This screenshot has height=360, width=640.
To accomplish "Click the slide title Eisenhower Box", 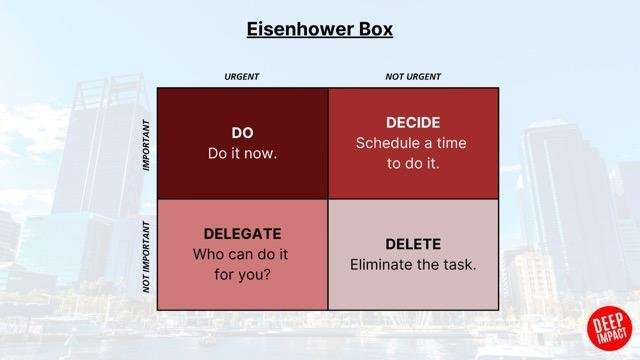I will coord(320,28).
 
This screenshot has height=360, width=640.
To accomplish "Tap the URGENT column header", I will coord(242,77).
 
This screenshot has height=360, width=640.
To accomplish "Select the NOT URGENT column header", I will coord(413,77).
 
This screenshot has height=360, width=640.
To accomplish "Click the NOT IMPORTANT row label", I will coord(147,255).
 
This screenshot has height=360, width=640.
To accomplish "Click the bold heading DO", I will coord(242,133).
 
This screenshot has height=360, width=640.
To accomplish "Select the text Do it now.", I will coord(242,154).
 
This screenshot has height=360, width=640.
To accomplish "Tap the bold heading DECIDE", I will coord(412,123).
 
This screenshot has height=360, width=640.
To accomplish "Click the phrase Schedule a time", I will coord(412,143).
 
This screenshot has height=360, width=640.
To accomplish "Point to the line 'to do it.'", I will coord(412,163).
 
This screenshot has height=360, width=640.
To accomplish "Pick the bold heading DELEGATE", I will coord(242,233).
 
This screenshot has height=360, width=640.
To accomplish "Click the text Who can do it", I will coord(242,254).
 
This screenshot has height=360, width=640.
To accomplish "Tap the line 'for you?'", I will coord(242,274).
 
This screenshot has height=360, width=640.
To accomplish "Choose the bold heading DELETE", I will coord(412,244).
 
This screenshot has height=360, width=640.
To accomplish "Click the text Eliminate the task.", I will coord(412,265).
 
